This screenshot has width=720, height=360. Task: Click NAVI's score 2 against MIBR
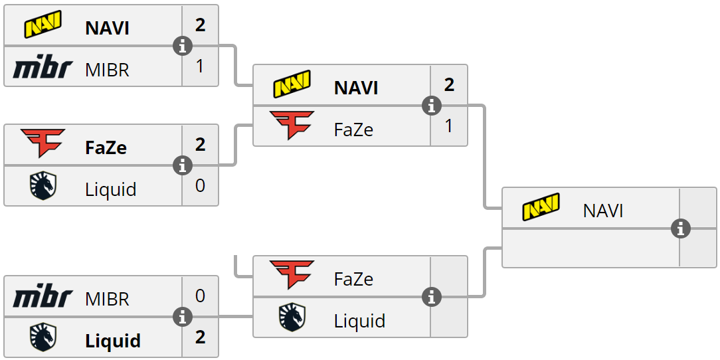coord(200,25)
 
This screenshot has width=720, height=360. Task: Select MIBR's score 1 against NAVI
coord(200,66)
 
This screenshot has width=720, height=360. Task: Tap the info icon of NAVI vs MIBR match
coord(182,46)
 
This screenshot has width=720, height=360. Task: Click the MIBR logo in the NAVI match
coord(43,68)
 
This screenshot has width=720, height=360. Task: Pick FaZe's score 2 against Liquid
coord(200,145)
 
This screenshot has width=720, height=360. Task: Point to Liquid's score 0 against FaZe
coord(200,186)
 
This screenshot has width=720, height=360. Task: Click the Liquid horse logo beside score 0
coord(43,187)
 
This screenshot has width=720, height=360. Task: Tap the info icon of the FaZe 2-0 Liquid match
coord(182,165)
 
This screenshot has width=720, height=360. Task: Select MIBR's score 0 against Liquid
coord(200,296)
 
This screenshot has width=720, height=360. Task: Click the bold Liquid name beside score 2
coord(113,341)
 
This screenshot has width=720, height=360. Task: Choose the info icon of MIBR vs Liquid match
coord(182,317)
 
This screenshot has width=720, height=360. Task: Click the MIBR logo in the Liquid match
coord(43,298)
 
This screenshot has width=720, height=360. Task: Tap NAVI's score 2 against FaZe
coord(449,85)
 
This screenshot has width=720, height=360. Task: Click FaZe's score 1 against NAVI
coord(449,126)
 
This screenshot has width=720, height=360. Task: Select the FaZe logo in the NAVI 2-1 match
coord(292,126)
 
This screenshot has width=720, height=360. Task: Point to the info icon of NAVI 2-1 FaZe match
coord(432,106)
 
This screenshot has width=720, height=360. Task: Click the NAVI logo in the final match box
coord(541,207)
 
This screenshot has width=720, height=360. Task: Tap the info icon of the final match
coord(680,228)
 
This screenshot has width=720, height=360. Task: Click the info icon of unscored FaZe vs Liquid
coord(432,297)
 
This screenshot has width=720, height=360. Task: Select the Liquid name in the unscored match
coord(359,321)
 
